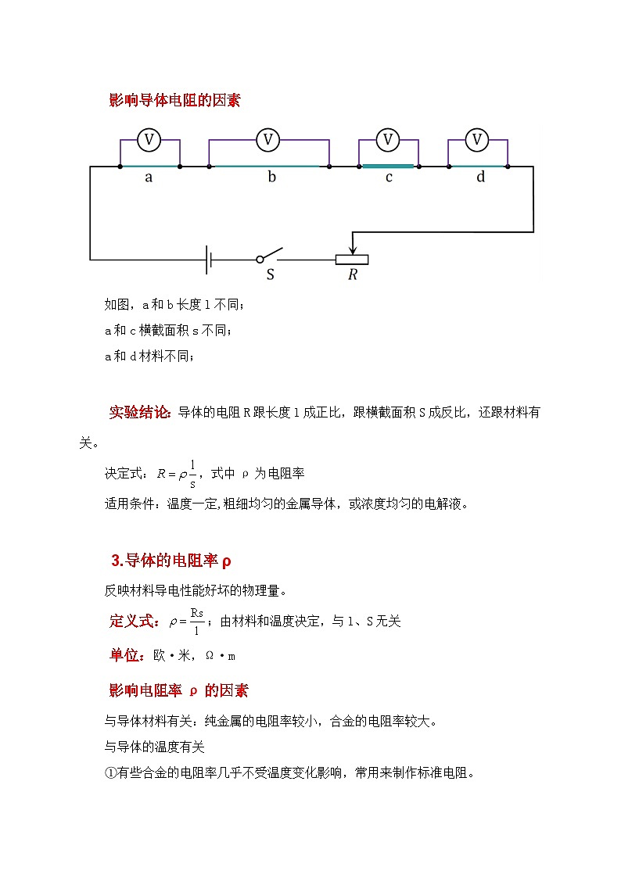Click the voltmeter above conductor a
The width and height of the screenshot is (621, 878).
click(149, 140)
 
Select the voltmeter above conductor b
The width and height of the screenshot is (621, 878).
click(268, 140)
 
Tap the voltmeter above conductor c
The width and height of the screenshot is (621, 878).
click(388, 140)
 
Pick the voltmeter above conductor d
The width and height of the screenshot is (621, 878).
click(477, 140)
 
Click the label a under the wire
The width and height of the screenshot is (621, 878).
click(149, 177)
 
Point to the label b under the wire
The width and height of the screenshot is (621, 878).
click(271, 177)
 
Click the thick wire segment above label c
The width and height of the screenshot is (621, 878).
click(388, 166)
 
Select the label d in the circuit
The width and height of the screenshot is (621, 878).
click(480, 177)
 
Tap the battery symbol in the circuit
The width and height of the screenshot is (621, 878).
click(209, 260)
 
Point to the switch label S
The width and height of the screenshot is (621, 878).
click(271, 275)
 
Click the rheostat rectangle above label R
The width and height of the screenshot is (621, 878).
click(352, 260)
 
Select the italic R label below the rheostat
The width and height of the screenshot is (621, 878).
click(353, 276)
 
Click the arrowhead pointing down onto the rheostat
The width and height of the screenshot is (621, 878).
click(353, 249)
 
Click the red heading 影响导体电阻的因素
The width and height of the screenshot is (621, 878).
click(175, 100)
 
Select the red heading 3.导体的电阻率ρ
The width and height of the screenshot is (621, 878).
click(172, 561)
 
